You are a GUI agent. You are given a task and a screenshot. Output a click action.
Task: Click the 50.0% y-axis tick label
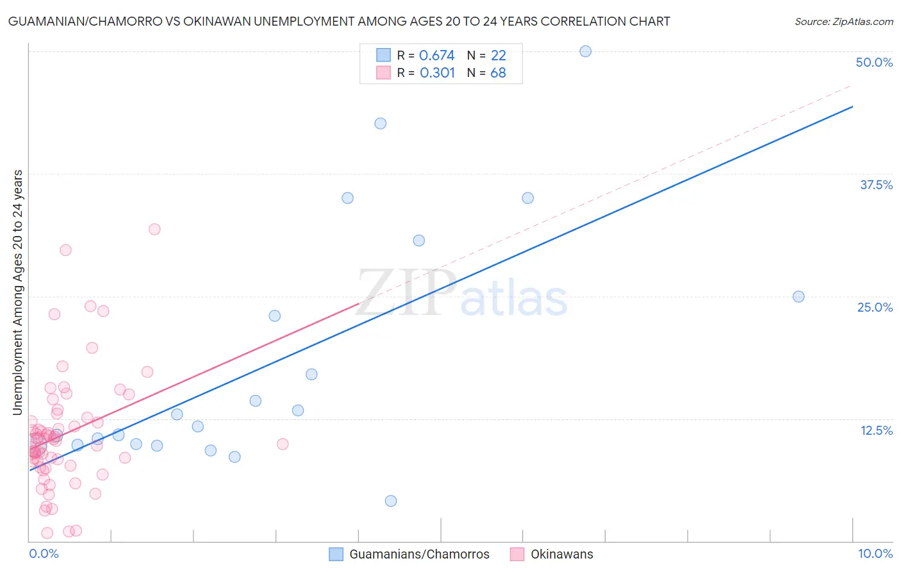click(874, 62)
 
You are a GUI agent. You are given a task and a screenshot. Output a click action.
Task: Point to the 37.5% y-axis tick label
click(876, 185)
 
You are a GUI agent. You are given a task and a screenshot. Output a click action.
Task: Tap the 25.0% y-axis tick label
click(875, 307)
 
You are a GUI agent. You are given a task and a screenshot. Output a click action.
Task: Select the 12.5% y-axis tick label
click(876, 430)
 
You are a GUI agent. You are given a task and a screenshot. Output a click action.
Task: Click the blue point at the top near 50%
click(585, 51)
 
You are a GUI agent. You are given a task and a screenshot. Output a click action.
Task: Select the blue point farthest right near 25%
click(798, 296)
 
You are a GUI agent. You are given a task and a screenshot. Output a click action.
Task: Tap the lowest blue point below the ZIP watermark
click(391, 501)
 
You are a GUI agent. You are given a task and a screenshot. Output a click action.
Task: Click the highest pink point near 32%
click(154, 229)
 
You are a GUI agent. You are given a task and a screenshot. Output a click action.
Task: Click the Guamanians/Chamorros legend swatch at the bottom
click(336, 554)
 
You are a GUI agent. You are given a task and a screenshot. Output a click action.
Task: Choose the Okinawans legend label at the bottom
click(561, 554)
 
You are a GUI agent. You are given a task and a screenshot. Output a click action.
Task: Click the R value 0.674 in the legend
click(436, 56)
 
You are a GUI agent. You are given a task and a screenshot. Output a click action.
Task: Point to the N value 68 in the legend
click(498, 73)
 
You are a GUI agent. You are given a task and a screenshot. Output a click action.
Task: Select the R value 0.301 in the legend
click(437, 73)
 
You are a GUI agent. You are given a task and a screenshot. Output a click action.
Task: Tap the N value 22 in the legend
click(498, 56)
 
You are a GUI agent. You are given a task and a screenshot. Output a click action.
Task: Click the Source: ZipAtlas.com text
click(843, 22)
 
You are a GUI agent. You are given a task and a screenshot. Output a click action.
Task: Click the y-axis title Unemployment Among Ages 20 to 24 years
click(18, 292)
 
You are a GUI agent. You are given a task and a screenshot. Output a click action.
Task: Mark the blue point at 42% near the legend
click(380, 123)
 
